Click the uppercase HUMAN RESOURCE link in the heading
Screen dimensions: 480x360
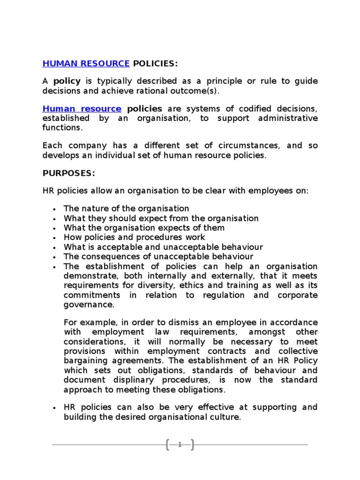pyautogui.click(x=86, y=63)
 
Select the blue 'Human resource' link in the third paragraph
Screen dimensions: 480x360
pyautogui.click(x=82, y=109)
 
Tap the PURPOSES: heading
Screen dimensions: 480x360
pyautogui.click(x=69, y=173)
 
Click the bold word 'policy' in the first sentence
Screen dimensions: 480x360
pyautogui.click(x=67, y=81)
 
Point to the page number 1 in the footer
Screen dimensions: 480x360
pyautogui.click(x=180, y=445)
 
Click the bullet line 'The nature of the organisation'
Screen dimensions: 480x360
pyautogui.click(x=127, y=209)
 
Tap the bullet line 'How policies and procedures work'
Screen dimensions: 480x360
pyautogui.click(x=134, y=237)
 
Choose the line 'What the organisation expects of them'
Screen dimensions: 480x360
pyautogui.click(x=144, y=228)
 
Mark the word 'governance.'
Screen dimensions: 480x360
pyautogui.click(x=89, y=304)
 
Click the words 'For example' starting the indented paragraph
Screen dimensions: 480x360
pyautogui.click(x=87, y=323)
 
